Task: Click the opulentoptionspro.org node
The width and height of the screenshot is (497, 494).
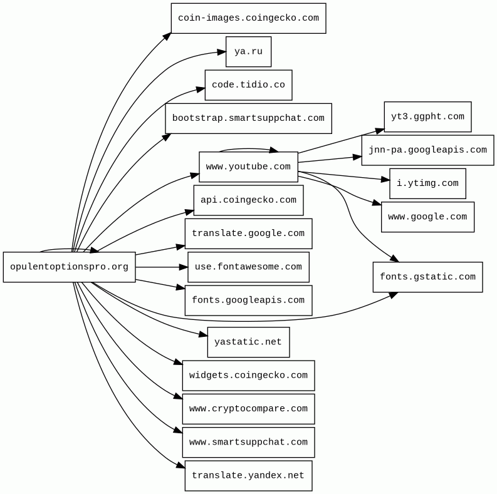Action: [x=69, y=267]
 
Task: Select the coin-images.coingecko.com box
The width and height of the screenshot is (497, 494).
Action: [x=248, y=18]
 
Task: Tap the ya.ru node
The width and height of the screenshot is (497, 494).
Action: [x=248, y=52]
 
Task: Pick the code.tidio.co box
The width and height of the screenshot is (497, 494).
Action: [x=248, y=85]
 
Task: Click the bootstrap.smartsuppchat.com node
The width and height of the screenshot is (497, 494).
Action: [x=248, y=118]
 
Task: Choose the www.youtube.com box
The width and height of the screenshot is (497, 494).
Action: [x=248, y=167]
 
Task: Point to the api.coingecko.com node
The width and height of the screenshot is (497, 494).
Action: [x=248, y=200]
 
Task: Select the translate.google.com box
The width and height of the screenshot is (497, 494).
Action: [x=248, y=234]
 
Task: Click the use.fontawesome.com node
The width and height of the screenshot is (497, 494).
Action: [x=248, y=267]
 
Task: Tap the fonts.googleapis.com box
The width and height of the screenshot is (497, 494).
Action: [x=248, y=301]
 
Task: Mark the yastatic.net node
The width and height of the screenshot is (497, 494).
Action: [x=248, y=342]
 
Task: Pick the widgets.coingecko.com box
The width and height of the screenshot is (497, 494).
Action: [x=248, y=376]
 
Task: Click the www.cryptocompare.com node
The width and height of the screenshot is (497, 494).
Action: [x=248, y=409]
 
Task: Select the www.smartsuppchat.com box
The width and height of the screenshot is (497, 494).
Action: [x=248, y=443]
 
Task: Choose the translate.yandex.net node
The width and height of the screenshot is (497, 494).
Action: [x=248, y=476]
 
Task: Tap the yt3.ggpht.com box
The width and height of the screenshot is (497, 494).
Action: [x=427, y=117]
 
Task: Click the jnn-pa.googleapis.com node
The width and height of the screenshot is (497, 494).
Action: [x=427, y=150]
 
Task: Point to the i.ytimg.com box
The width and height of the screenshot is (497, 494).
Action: [x=427, y=183]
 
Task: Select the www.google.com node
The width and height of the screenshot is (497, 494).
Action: [x=427, y=217]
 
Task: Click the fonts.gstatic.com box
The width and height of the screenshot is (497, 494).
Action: [x=427, y=277]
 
